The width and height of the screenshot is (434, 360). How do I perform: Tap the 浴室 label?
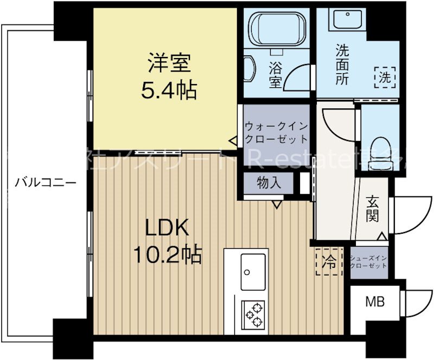[276, 75]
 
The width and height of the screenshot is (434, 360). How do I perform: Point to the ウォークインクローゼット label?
[276, 132]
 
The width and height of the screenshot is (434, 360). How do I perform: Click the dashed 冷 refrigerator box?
[329, 263]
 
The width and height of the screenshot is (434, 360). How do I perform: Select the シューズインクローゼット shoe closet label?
[369, 262]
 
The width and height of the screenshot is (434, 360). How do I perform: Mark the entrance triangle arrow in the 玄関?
[381, 236]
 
